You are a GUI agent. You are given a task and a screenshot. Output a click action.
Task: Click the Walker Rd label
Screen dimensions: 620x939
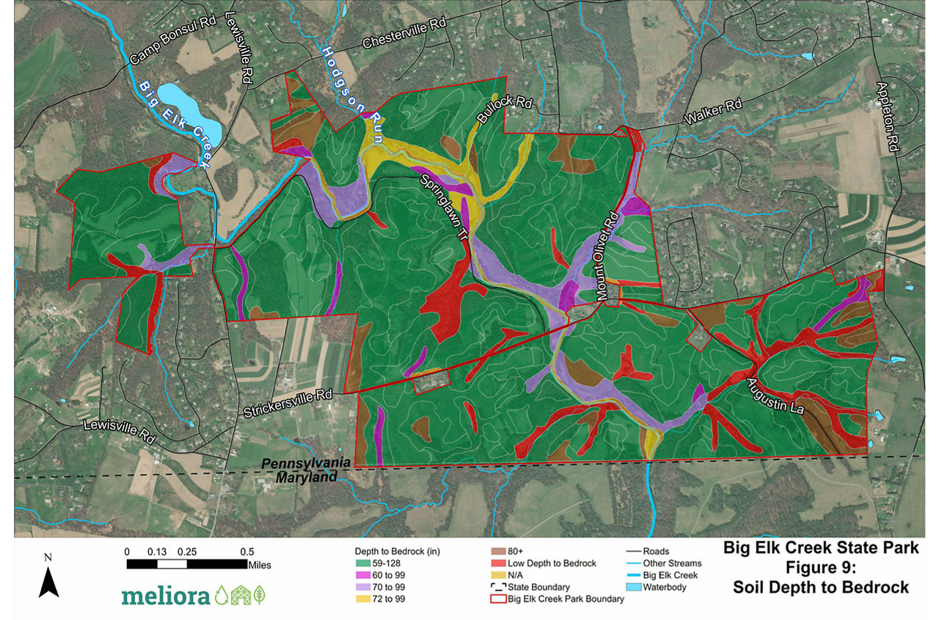(714, 112)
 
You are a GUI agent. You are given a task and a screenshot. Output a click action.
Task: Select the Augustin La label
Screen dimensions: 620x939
(778, 397)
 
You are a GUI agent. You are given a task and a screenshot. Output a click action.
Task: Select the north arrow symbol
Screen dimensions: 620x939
(48, 582)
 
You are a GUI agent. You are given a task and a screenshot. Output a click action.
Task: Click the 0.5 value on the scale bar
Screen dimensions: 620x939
(246, 551)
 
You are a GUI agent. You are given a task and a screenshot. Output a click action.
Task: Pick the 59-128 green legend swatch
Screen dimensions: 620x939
(359, 563)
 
